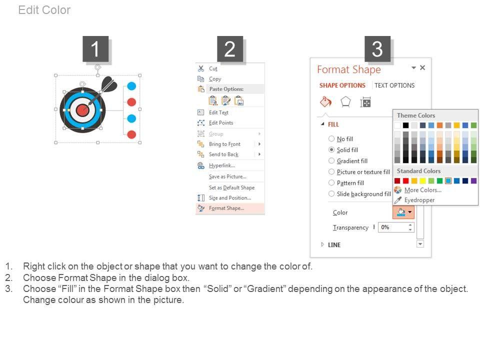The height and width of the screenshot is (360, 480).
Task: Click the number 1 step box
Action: pyautogui.click(x=95, y=49)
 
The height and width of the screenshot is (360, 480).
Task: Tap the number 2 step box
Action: pyautogui.click(x=230, y=49)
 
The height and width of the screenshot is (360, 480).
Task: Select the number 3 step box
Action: pyautogui.click(x=377, y=49)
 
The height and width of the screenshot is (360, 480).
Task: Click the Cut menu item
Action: pyautogui.click(x=213, y=68)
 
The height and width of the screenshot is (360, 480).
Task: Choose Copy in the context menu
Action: pyautogui.click(x=215, y=79)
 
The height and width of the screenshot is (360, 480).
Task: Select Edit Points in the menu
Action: pyautogui.click(x=221, y=123)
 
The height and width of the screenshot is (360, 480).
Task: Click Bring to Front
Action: pyautogui.click(x=224, y=144)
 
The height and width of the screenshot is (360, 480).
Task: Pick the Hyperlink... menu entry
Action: pyautogui.click(x=222, y=165)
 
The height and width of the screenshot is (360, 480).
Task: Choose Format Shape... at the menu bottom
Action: pyautogui.click(x=226, y=208)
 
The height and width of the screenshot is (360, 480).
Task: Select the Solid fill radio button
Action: pyautogui.click(x=331, y=149)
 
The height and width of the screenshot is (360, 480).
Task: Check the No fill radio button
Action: pyautogui.click(x=331, y=138)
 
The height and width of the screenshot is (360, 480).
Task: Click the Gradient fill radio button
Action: pyautogui.click(x=331, y=160)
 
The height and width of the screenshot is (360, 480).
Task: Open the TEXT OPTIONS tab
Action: pyautogui.click(x=394, y=85)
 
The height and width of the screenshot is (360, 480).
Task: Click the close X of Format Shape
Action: pyautogui.click(x=422, y=67)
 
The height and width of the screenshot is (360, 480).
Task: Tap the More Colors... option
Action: pyautogui.click(x=423, y=190)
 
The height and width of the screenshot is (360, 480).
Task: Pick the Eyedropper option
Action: pyautogui.click(x=419, y=200)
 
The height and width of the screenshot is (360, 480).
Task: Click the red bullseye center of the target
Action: pyautogui.click(x=82, y=110)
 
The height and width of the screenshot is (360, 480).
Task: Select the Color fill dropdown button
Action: pyautogui.click(x=403, y=212)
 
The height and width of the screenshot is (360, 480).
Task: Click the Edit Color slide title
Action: pyautogui.click(x=44, y=10)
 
